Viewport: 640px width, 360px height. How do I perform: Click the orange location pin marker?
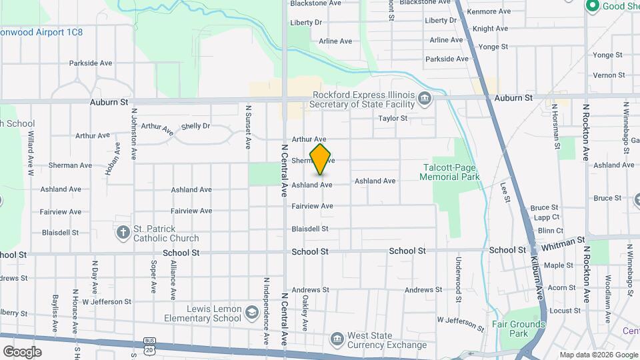(x=321, y=159)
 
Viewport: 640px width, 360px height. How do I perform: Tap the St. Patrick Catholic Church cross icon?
(x=123, y=233)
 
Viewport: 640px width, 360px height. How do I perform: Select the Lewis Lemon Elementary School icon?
(x=251, y=313)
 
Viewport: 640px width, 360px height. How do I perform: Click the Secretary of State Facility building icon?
(x=425, y=100)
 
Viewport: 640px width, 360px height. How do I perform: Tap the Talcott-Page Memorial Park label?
(x=450, y=172)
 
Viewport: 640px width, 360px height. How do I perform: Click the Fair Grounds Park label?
(x=527, y=329)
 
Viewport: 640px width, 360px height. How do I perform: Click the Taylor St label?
(x=393, y=119)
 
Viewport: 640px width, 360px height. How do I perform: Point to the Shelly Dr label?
(x=195, y=126)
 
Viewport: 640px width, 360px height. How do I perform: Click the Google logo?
(x=23, y=351)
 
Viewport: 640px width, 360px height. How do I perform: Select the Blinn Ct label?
(x=550, y=231)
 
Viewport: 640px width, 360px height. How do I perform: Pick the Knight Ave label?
(x=490, y=29)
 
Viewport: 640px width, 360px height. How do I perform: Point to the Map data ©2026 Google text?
(x=598, y=355)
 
